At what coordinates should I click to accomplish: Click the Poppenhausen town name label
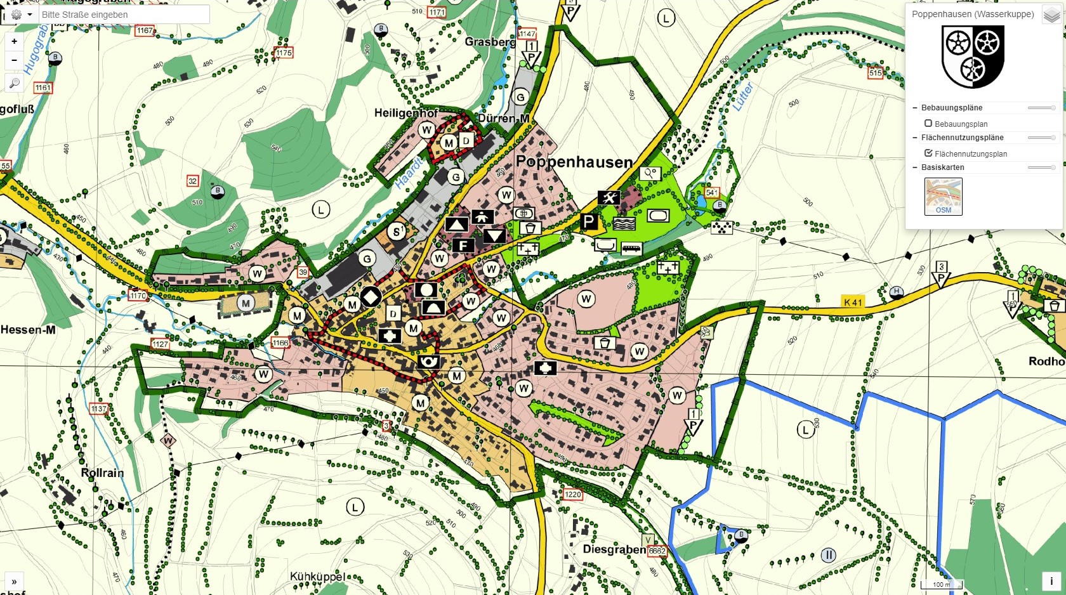pyautogui.click(x=574, y=162)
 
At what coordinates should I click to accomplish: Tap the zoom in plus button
pyautogui.click(x=14, y=41)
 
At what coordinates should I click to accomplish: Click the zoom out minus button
pyautogui.click(x=14, y=60)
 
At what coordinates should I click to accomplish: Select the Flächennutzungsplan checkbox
pyautogui.click(x=928, y=154)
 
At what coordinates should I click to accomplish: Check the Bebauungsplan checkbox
pyautogui.click(x=928, y=124)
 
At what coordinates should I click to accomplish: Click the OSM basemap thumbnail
pyautogui.click(x=944, y=196)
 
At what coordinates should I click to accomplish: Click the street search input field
pyautogui.click(x=124, y=15)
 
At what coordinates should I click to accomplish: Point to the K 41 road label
pyautogui.click(x=853, y=303)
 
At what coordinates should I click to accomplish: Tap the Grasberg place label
pyautogui.click(x=490, y=42)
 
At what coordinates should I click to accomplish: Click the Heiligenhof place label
pyautogui.click(x=406, y=113)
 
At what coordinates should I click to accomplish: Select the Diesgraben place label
pyautogui.click(x=614, y=549)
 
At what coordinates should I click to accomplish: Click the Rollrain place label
pyautogui.click(x=102, y=473)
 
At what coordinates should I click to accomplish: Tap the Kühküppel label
pyautogui.click(x=317, y=577)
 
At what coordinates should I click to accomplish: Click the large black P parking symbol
pyautogui.click(x=589, y=221)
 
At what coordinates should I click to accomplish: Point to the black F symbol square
pyautogui.click(x=464, y=245)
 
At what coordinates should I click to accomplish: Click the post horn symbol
pyautogui.click(x=429, y=362)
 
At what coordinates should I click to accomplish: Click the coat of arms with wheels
pyautogui.click(x=973, y=56)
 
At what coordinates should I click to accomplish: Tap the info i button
pyautogui.click(x=1051, y=581)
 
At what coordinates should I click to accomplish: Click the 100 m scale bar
pyautogui.click(x=942, y=585)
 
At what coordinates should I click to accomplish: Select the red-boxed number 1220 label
pyautogui.click(x=572, y=495)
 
